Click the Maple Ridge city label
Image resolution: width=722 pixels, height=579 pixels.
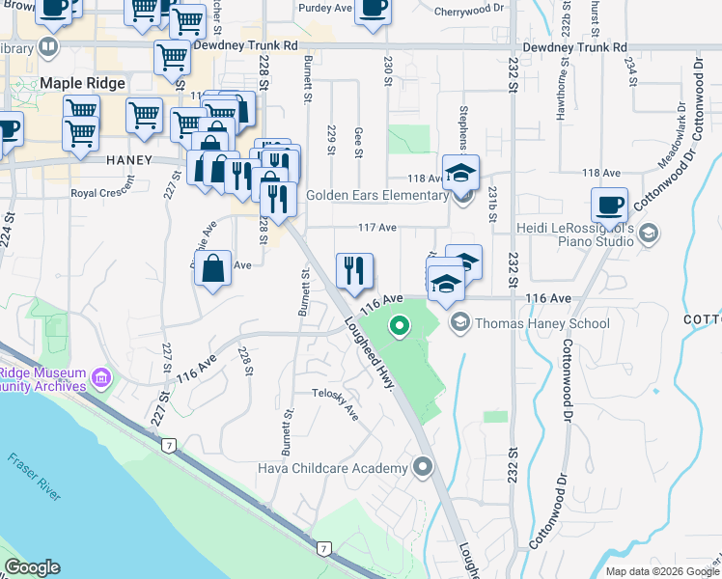click(x=82, y=84)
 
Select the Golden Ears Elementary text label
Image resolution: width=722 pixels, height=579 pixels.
click(x=377, y=195)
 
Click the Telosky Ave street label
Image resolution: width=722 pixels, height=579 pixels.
click(x=335, y=403)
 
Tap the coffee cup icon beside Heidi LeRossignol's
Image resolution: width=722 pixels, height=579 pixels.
click(x=609, y=206)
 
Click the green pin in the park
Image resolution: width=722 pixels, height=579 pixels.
click(x=397, y=327)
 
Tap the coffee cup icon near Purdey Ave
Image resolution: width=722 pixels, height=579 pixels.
click(x=372, y=9)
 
